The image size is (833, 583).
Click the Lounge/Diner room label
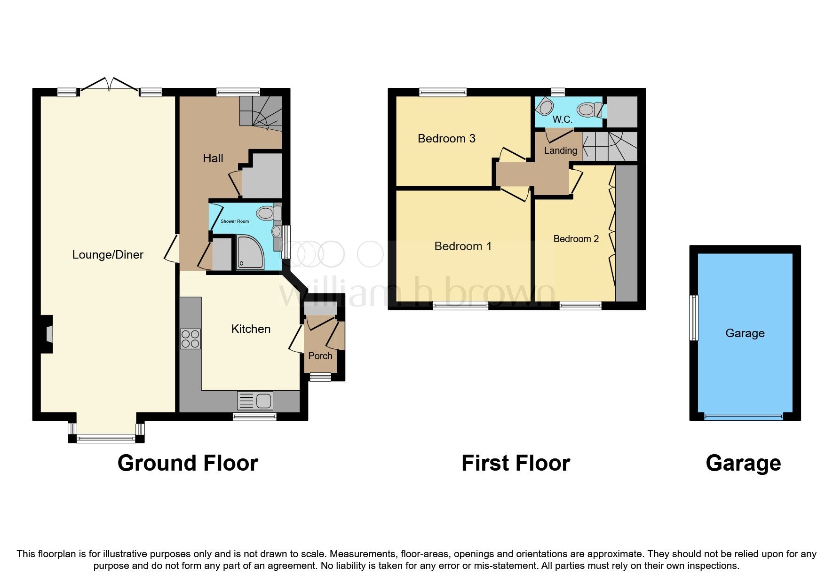108,255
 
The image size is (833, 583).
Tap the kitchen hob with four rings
190,339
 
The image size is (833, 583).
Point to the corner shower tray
249,252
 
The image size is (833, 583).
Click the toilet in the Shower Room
266,214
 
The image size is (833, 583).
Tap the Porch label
320,356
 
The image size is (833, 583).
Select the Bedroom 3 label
446,138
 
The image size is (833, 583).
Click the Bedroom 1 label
463,246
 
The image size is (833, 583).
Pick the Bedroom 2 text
576,239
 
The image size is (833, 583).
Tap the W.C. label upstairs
562,119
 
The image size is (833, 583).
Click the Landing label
560,150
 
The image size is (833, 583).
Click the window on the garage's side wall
693,317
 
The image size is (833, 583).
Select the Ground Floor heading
188,463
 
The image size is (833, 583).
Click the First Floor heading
516,463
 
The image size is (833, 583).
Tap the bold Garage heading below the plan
743,463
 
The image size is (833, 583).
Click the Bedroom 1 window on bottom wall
460,306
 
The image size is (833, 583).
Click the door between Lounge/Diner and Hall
172,248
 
